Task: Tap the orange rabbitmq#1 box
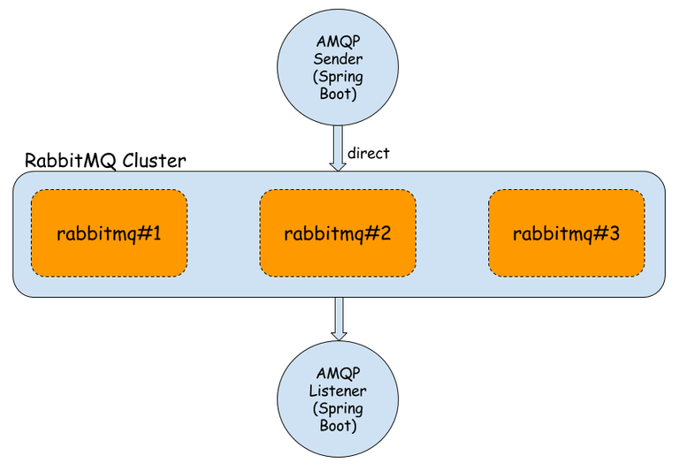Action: pos(109,233)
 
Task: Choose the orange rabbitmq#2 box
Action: pos(337,233)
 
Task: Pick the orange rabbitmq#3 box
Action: pos(566,233)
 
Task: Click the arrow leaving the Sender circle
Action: pos(337,148)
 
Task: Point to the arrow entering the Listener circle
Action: pos(338,318)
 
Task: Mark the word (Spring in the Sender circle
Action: pos(338,76)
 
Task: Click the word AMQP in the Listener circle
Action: pos(339,374)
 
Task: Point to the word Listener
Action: pos(339,390)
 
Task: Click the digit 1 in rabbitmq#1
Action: pos(156,234)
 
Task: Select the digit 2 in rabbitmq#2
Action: pos(385,234)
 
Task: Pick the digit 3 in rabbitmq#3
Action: pos(614,234)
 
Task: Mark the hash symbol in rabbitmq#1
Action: pos(143,234)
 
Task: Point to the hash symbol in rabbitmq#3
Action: pos(600,234)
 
